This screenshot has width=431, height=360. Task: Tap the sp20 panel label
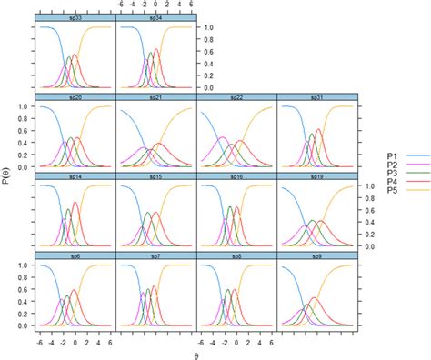75,97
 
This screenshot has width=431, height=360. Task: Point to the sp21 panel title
155,97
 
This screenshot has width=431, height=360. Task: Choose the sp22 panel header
236,97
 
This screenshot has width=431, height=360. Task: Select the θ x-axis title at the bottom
195,354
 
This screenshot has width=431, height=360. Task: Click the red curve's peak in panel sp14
75,204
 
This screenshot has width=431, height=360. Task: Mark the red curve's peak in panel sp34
156,50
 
